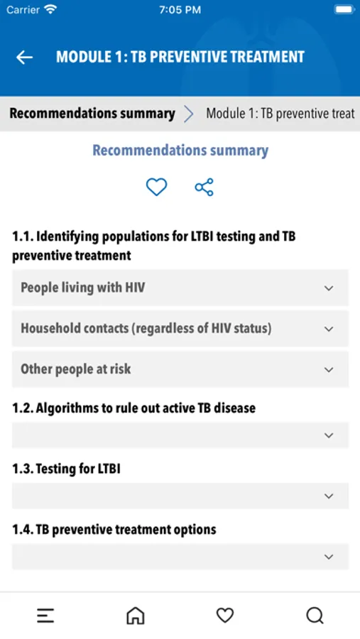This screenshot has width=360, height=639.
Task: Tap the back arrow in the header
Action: pyautogui.click(x=24, y=58)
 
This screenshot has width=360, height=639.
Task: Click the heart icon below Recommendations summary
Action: pyautogui.click(x=156, y=187)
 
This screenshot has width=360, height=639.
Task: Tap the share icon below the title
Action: pyautogui.click(x=204, y=187)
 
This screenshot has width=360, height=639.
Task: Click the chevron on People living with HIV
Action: pyautogui.click(x=329, y=288)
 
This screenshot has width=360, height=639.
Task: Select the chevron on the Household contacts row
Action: pyautogui.click(x=329, y=329)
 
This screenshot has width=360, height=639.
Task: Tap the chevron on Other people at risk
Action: pyautogui.click(x=329, y=370)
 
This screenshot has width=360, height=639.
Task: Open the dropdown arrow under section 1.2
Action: pyautogui.click(x=329, y=435)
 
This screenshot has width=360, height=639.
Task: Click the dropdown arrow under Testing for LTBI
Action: pyautogui.click(x=329, y=496)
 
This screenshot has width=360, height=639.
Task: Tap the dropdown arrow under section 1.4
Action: pyautogui.click(x=329, y=557)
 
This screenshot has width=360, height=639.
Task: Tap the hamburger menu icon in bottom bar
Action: pyautogui.click(x=45, y=616)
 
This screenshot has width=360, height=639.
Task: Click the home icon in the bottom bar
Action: pyautogui.click(x=136, y=616)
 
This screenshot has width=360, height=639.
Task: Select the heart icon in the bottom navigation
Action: pyautogui.click(x=225, y=616)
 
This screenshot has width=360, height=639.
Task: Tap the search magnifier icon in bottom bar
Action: pyautogui.click(x=315, y=616)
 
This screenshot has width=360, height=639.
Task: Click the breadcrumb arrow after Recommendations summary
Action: pyautogui.click(x=188, y=114)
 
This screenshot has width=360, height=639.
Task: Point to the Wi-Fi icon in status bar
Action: pyautogui.click(x=50, y=9)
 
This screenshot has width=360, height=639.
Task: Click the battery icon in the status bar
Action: pyautogui.click(x=344, y=9)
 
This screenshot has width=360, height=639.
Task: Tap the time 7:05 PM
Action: pyautogui.click(x=180, y=10)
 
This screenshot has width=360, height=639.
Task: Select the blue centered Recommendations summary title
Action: pyautogui.click(x=180, y=151)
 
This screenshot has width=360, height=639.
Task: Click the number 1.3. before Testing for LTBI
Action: pyautogui.click(x=22, y=469)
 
